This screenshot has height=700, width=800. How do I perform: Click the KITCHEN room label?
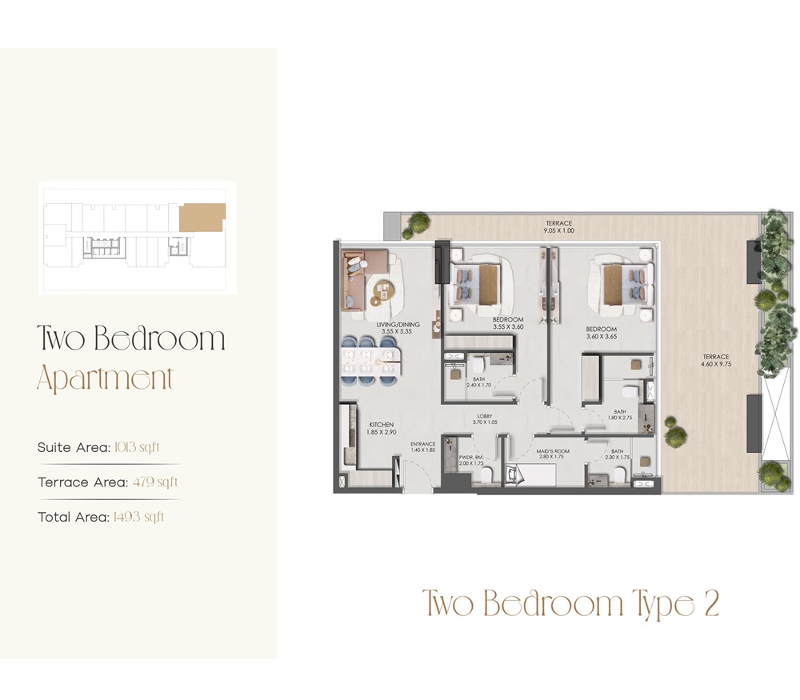[381, 425]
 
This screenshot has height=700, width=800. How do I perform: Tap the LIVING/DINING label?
[397, 324]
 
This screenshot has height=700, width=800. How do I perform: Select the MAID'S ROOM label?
[553, 451]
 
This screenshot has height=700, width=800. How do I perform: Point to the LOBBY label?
[484, 416]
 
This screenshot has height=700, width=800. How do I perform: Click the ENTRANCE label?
[422, 444]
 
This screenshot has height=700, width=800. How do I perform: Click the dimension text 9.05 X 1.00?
[560, 231]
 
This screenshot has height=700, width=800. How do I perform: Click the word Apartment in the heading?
[105, 378]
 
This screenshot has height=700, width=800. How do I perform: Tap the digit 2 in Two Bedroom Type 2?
[711, 605]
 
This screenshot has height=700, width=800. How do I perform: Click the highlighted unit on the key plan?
[201, 218]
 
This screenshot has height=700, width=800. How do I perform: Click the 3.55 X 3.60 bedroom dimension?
[506, 327]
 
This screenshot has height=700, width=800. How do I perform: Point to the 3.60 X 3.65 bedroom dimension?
[601, 337]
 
